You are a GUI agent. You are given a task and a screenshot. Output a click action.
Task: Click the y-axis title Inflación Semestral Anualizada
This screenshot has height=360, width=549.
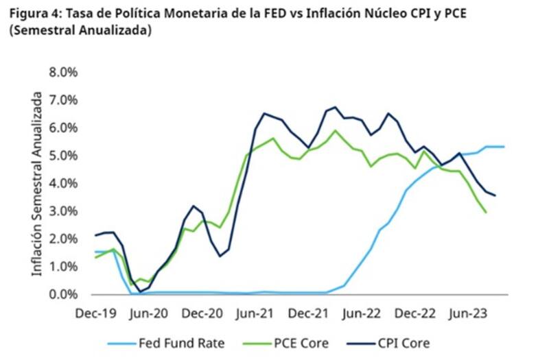(38, 185)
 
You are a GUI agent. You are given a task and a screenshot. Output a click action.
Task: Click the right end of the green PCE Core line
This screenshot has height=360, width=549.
(486, 213)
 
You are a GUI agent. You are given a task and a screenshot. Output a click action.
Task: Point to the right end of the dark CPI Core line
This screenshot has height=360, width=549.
(495, 195)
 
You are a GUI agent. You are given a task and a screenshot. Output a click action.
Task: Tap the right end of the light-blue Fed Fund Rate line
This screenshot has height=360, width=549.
(505, 146)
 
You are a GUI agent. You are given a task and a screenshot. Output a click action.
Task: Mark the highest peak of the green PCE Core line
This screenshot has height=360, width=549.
(335, 130)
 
